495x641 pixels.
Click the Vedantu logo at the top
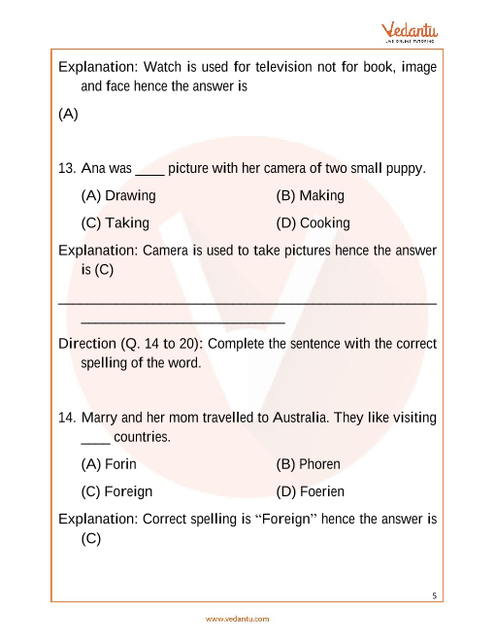(x=412, y=32)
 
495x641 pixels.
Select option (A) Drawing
(x=119, y=195)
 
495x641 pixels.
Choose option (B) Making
(x=310, y=195)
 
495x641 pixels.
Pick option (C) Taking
(x=115, y=222)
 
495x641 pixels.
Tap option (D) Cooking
(x=313, y=222)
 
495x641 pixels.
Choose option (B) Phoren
(x=308, y=464)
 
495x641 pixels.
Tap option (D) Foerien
(x=310, y=491)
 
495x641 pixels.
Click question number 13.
(x=67, y=168)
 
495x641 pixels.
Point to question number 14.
(x=67, y=418)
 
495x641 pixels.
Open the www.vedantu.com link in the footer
(x=237, y=618)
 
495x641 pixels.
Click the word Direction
(x=86, y=344)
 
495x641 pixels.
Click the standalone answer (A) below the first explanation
(x=68, y=114)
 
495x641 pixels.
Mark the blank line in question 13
(x=149, y=170)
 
